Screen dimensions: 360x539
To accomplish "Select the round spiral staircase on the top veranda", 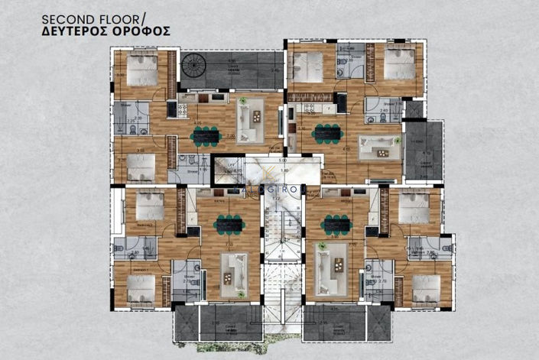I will click(195, 69).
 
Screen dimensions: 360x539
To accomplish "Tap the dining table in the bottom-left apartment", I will click(229, 224).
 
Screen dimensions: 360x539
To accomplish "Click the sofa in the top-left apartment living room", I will click(250, 115).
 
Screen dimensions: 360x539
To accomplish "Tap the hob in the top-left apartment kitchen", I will click(183, 109).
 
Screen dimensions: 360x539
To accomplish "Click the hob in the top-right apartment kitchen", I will click(341, 103).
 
